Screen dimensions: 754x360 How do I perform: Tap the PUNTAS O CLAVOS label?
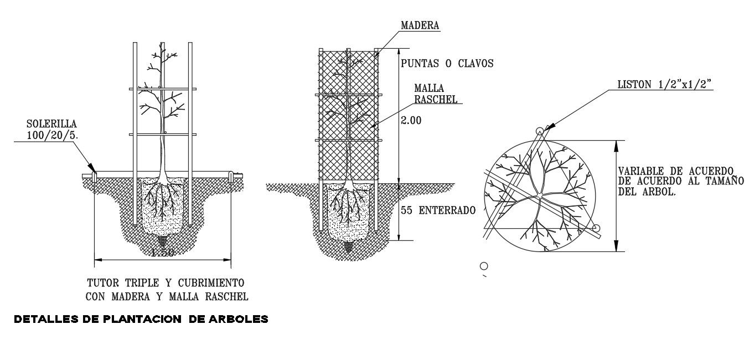click(x=447, y=63)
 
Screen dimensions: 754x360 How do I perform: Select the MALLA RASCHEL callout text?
click(x=436, y=95)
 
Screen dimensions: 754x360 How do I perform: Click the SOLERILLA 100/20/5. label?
click(x=51, y=130)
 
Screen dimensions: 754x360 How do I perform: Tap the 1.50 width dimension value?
click(x=163, y=253)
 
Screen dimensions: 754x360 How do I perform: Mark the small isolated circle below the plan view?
click(x=484, y=265)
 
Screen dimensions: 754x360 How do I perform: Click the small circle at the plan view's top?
click(x=540, y=131)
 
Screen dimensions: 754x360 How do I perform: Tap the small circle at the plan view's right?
click(x=596, y=228)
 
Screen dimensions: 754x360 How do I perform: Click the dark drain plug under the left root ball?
click(x=163, y=241)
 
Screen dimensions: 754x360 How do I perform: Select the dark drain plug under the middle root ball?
click(x=348, y=246)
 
